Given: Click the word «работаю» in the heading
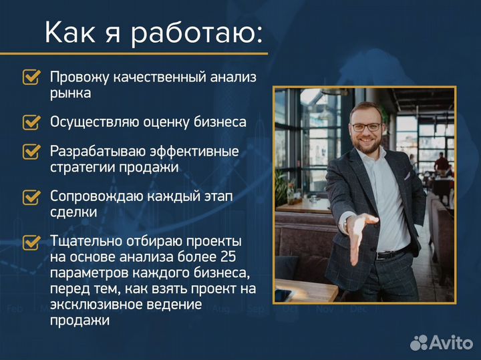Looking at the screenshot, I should coord(193,33).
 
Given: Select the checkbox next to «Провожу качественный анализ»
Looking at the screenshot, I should coord(31,77).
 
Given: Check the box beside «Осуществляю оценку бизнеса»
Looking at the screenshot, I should coord(31,122).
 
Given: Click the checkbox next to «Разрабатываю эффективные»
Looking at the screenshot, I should coord(31,152).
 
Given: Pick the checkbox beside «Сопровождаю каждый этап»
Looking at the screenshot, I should coord(31,197).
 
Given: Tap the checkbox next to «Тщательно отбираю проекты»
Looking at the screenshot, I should coord(31,242).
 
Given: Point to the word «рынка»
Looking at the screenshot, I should coord(70,94).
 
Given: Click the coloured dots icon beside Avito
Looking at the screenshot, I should coord(419,343).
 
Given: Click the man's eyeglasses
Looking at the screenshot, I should coord(366,126).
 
